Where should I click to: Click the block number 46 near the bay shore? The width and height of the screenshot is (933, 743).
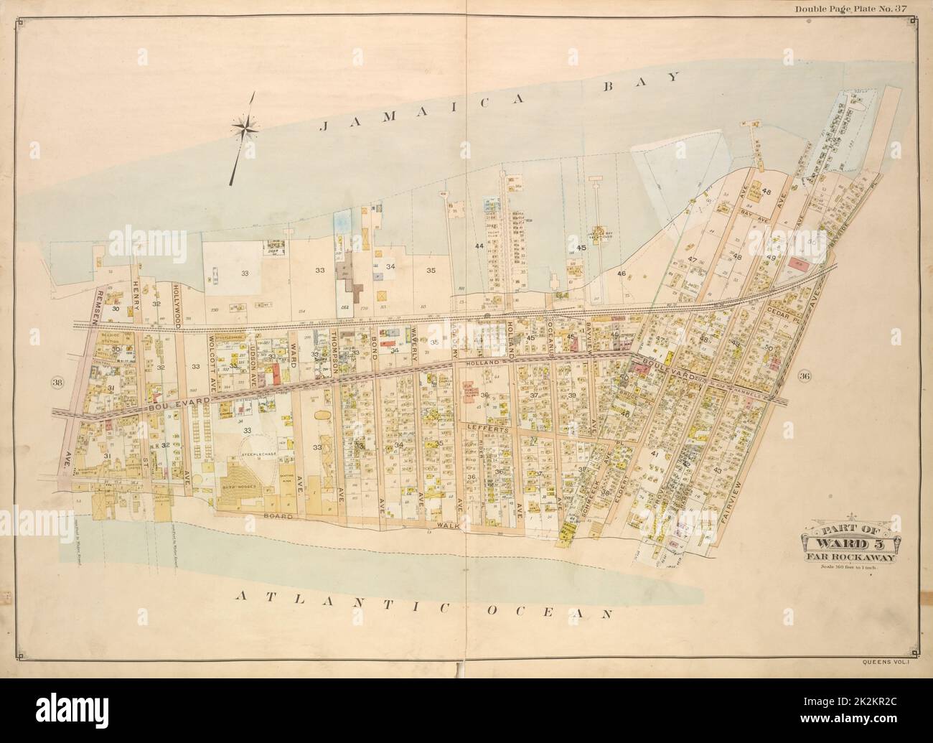point(622,274)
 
